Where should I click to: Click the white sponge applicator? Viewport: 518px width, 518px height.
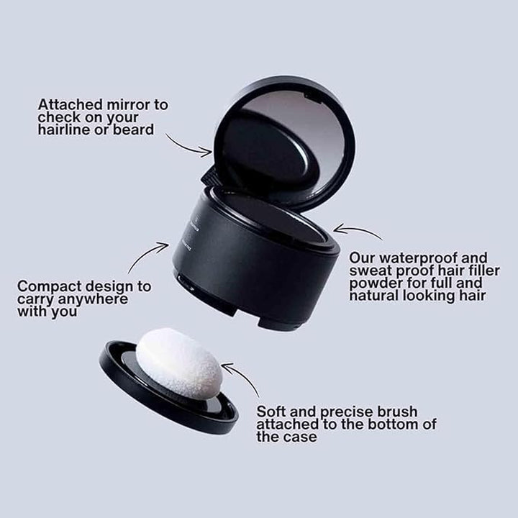[179, 363]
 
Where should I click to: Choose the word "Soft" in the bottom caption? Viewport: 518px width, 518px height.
[273, 412]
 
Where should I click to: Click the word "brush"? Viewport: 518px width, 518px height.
[397, 412]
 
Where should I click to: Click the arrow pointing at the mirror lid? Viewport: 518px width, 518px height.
[188, 145]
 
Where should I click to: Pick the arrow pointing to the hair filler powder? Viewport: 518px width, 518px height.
[358, 231]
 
